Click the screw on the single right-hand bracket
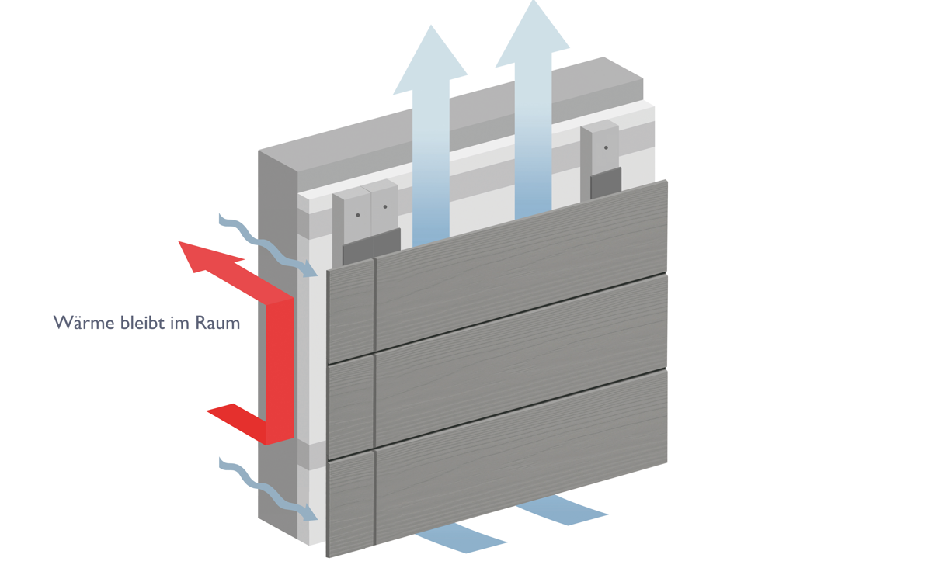point(606,147)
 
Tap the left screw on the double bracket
point(358,215)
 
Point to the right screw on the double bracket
point(384,207)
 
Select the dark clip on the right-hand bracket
point(606,185)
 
